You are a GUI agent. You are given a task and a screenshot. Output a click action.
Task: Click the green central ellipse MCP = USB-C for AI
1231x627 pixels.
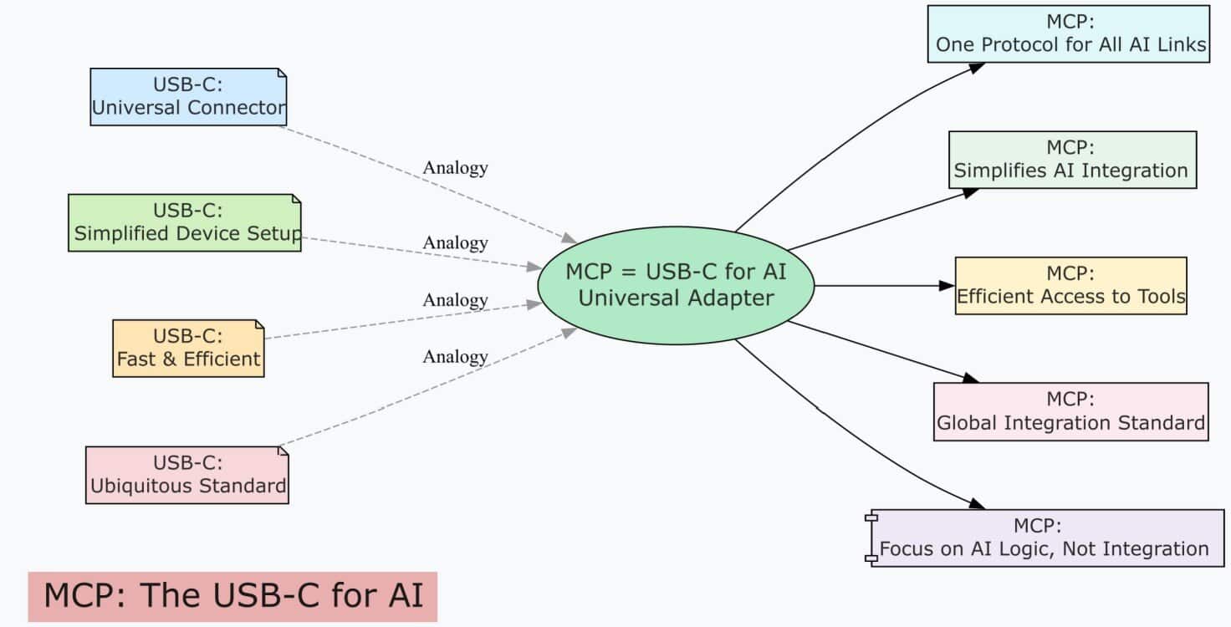pos(675,284)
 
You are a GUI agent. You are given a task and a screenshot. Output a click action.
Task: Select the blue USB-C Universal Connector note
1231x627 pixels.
pos(188,96)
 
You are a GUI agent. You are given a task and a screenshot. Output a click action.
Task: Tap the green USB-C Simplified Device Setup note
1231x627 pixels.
pos(184,222)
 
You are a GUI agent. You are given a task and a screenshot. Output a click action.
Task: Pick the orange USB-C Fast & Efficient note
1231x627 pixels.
pos(188,348)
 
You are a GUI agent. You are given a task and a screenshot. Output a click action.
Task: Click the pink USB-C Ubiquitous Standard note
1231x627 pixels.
pos(186,474)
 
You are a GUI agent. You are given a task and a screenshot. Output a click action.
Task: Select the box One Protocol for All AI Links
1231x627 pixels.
pos(1068,33)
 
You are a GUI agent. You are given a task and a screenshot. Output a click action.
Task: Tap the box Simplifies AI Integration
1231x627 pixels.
pos(1071,159)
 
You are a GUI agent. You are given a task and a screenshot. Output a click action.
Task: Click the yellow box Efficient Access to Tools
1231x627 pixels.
pos(1070,285)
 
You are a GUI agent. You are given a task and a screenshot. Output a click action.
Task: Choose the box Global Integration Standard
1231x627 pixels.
pos(1070,411)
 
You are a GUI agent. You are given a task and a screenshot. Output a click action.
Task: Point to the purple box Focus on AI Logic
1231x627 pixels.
pos(1044,538)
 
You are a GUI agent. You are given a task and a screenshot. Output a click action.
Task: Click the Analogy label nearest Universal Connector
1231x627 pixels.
pos(455,167)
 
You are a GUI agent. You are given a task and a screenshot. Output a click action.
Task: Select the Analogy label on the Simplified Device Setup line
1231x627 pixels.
pos(455,242)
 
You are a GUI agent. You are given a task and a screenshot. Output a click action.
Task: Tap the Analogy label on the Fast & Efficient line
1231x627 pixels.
pos(455,299)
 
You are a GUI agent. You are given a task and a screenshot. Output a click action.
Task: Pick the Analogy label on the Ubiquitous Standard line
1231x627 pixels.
pos(455,356)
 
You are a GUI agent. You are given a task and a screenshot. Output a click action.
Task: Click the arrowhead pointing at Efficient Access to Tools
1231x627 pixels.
pos(946,285)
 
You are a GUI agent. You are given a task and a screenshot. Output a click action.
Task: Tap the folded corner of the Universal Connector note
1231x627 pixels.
pos(281,74)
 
